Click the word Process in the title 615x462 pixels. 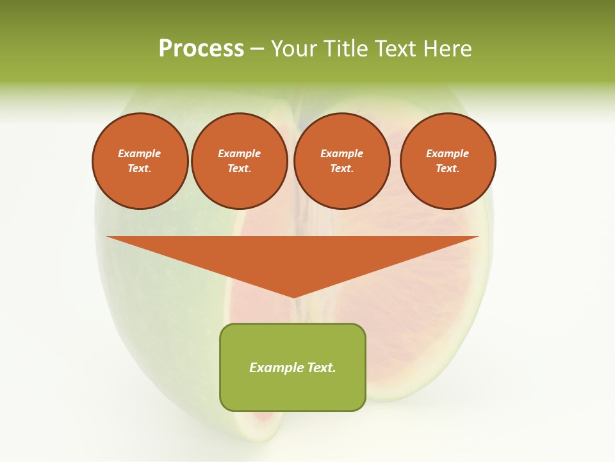pos(201,49)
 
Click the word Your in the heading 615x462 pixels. pos(293,49)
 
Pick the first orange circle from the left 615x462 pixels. pos(140,161)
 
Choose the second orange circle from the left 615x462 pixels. pos(240,161)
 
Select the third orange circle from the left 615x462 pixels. pos(342,161)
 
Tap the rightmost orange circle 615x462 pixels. pos(448,161)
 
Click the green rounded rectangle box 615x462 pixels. pos(293,367)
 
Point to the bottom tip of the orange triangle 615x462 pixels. pos(293,296)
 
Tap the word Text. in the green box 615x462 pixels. pos(321,368)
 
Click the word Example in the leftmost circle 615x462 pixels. pos(140,153)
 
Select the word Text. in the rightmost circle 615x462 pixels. pos(448,169)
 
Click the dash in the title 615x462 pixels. pos(257,49)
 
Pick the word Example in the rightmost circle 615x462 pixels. pos(448,153)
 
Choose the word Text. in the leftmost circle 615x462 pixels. pos(140,169)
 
